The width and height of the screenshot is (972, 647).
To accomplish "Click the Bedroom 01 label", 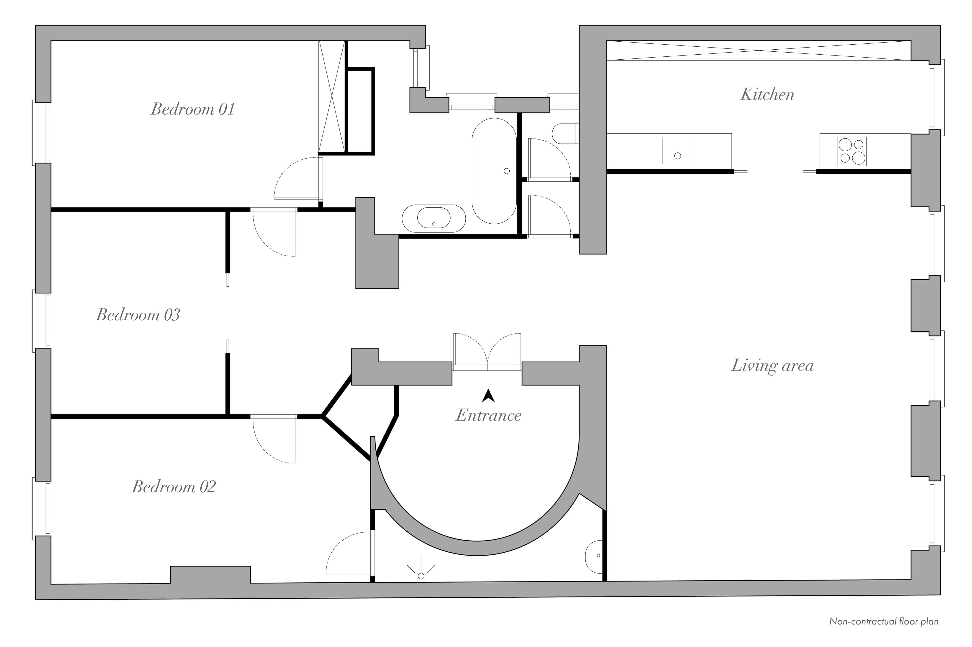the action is click(193, 109).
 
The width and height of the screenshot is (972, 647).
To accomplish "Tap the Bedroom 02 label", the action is click(174, 487).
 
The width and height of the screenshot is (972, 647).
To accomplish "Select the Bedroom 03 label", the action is click(138, 315).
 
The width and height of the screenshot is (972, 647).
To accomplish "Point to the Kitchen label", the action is click(767, 94).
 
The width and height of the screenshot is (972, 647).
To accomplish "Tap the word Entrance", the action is click(488, 415).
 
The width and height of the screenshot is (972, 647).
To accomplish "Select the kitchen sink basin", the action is click(677, 151).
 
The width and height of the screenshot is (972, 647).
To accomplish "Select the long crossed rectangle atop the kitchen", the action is click(759, 51).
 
